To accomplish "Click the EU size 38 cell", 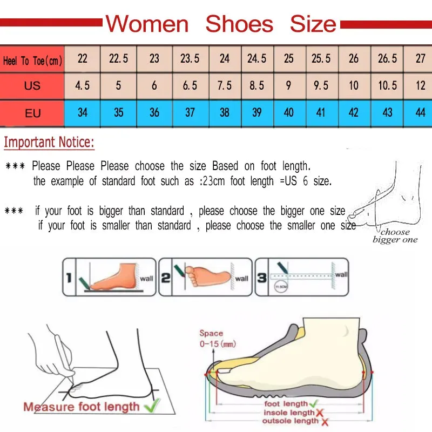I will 225,112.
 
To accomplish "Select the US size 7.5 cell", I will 225,85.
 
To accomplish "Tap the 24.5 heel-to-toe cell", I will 256,58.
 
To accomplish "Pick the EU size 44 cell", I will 420,112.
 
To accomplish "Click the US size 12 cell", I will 420,85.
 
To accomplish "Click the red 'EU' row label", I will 32,113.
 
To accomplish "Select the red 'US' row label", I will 32,86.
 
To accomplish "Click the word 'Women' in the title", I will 147,24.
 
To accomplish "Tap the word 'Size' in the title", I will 313,24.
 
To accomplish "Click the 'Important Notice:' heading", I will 49,143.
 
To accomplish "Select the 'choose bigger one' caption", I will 395,236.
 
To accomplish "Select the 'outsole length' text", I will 291,421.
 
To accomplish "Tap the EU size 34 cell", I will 83,112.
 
